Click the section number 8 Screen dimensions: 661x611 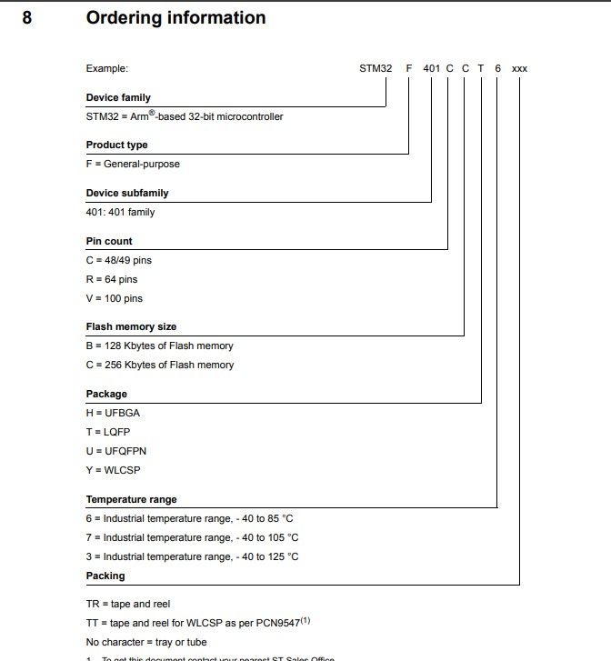(27, 18)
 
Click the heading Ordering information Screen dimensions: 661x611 (175, 18)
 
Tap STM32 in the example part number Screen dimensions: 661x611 (376, 68)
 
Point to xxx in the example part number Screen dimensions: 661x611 (519, 68)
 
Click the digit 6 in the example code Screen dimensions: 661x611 (497, 68)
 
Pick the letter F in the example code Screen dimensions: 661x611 (409, 68)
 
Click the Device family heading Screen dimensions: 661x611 (118, 97)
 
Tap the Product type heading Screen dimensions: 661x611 (116, 145)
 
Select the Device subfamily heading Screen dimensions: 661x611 (127, 193)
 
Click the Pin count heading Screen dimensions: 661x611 (109, 241)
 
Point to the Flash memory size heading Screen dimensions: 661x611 (131, 326)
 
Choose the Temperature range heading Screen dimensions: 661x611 (131, 499)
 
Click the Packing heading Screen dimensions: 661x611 (105, 576)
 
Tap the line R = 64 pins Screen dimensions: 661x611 (112, 279)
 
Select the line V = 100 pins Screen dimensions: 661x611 (115, 298)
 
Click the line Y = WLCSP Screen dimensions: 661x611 (114, 470)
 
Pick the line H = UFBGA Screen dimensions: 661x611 (113, 413)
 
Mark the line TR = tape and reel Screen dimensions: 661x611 (128, 604)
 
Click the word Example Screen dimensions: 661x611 (107, 68)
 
